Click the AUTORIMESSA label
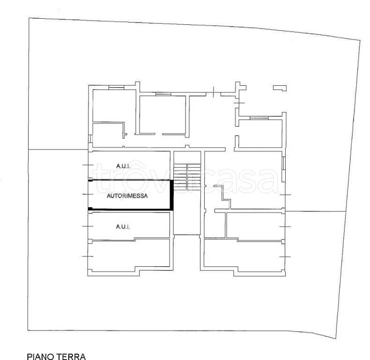[x=127, y=196]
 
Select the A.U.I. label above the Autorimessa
[x=123, y=166]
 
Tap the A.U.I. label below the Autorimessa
[x=123, y=227]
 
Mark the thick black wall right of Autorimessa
[x=172, y=195]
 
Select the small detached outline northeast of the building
[x=280, y=88]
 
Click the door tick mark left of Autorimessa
[x=88, y=194]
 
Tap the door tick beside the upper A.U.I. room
[x=88, y=165]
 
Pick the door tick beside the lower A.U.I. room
[x=88, y=226]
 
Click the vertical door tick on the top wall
[x=214, y=92]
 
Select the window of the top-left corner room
[x=116, y=88]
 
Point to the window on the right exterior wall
[x=284, y=163]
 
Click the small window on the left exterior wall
[x=90, y=139]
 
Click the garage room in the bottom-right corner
[x=243, y=257]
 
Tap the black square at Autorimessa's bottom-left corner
[x=90, y=209]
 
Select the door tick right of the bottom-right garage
[x=285, y=256]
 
